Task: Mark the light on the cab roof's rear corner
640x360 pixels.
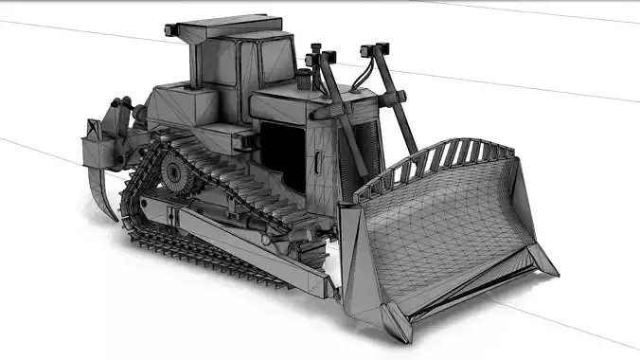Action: pyautogui.click(x=172, y=30)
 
